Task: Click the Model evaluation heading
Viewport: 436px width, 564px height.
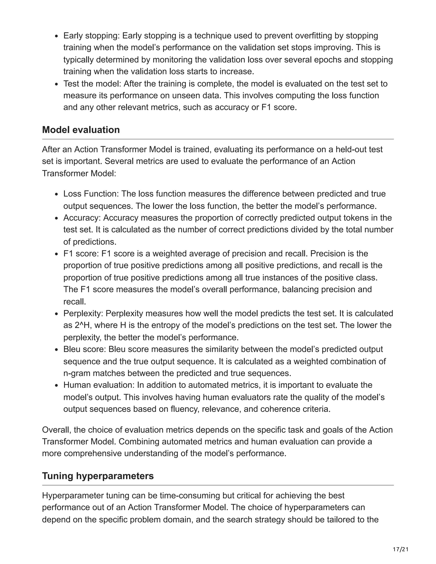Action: tap(81, 130)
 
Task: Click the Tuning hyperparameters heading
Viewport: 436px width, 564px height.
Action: tap(98, 476)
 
